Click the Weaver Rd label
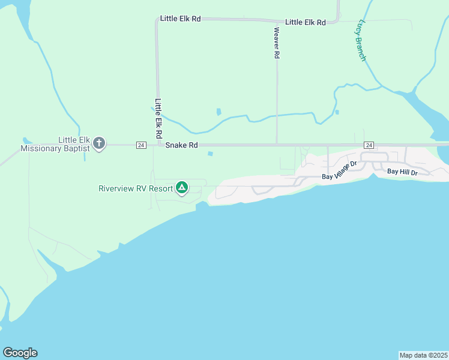277,43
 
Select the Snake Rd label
181,145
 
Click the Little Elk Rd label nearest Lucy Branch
305,22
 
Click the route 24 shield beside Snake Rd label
141,145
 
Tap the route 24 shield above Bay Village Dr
369,145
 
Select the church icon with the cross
100,144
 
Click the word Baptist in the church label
76,148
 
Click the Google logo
20,353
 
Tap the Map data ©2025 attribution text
423,355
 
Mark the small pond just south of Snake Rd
210,154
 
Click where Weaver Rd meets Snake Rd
277,145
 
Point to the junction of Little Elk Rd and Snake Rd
158,145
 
